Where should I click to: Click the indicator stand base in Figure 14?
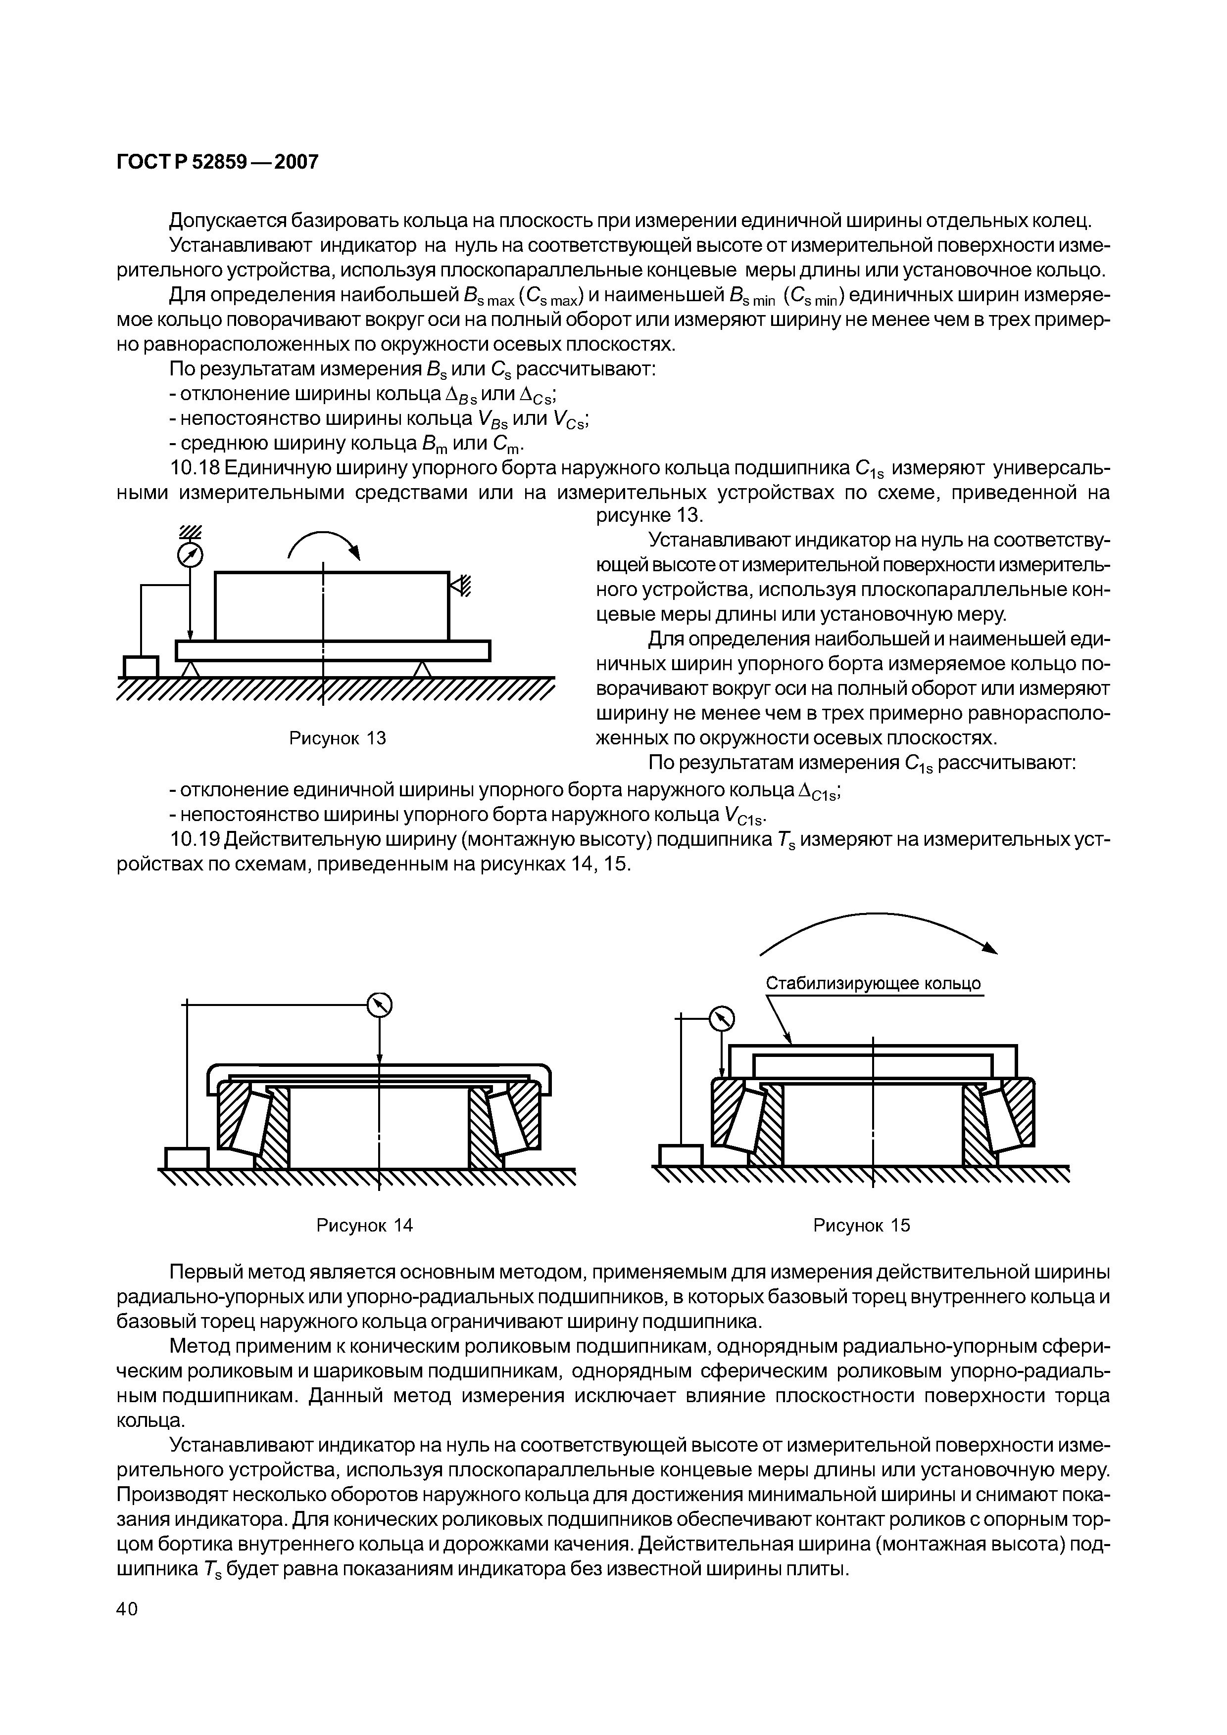click(186, 1158)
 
